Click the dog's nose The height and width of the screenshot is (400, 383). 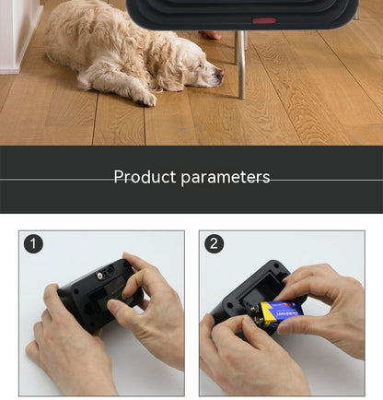coord(220,74)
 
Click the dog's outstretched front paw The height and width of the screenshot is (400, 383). coord(145,98)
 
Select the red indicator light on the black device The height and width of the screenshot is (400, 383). coord(264,20)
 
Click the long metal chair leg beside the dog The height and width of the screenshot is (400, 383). coord(241,65)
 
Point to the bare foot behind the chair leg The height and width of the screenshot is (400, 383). coord(211,35)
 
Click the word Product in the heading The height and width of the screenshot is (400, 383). coord(145,177)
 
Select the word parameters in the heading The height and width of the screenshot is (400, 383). coord(226,178)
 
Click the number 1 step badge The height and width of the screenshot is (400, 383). coord(33,244)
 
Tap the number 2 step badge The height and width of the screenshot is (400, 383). coord(214,244)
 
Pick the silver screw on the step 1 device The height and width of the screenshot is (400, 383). coord(99,276)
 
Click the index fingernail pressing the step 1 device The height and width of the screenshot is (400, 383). coord(113,305)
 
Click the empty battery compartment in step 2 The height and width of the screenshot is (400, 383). coord(261,288)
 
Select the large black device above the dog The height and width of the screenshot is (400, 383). coord(242,14)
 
